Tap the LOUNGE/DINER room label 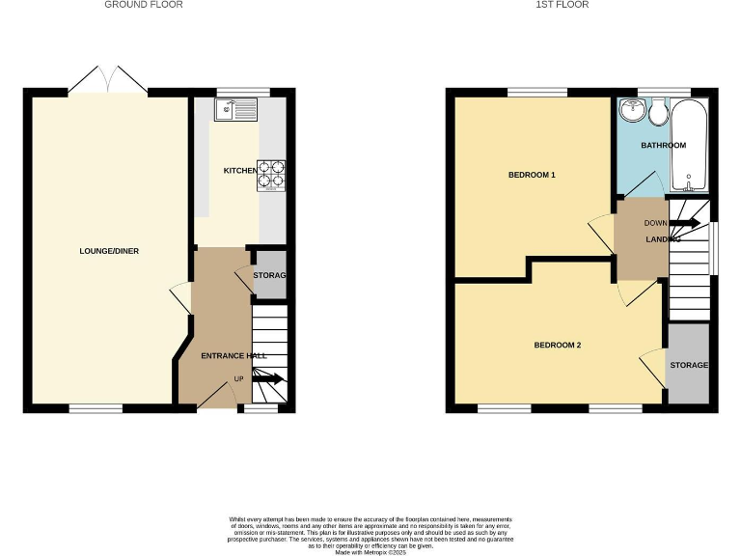click(x=109, y=251)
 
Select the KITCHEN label click(x=240, y=171)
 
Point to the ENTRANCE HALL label click(x=233, y=356)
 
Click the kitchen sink click(x=233, y=109)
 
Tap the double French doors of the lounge click(x=108, y=80)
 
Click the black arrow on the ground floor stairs click(x=271, y=378)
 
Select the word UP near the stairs click(x=238, y=378)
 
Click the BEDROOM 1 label click(x=532, y=175)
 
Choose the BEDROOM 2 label click(x=557, y=345)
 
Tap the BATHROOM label click(x=664, y=146)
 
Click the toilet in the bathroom click(x=659, y=112)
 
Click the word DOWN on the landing click(x=655, y=223)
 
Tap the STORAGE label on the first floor click(x=689, y=365)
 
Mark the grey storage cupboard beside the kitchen click(x=269, y=275)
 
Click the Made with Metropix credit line click(x=370, y=551)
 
